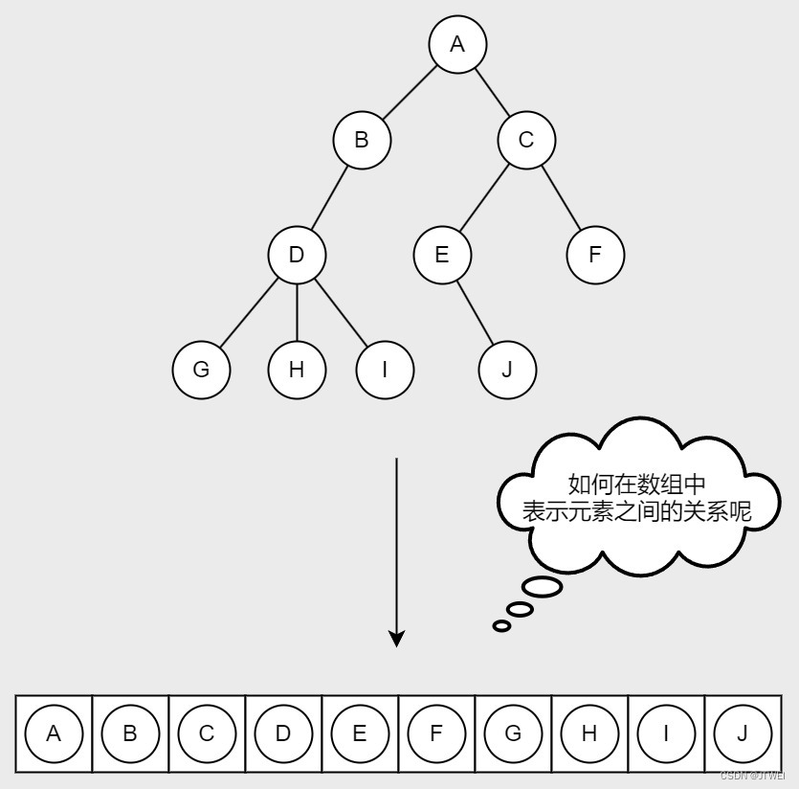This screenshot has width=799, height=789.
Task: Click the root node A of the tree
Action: pyautogui.click(x=457, y=44)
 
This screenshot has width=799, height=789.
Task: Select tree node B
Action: pyautogui.click(x=362, y=140)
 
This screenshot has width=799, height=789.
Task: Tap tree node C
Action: pyautogui.click(x=526, y=140)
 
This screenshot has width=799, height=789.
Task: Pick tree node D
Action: pyautogui.click(x=297, y=255)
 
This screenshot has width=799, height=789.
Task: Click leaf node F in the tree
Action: pyautogui.click(x=595, y=255)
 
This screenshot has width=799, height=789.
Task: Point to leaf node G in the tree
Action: pyautogui.click(x=201, y=369)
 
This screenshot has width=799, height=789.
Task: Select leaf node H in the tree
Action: pyautogui.click(x=297, y=369)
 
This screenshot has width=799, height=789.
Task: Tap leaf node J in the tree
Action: pyautogui.click(x=507, y=369)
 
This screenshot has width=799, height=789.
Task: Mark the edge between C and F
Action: pyautogui.click(x=561, y=197)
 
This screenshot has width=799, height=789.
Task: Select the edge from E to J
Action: pyautogui.click(x=475, y=312)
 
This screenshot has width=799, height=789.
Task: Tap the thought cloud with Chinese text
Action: pyautogui.click(x=636, y=498)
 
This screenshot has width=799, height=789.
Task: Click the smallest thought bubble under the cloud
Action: pyautogui.click(x=501, y=626)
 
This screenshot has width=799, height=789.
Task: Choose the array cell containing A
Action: pyautogui.click(x=54, y=733)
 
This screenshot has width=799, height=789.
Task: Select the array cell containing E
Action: pyautogui.click(x=360, y=733)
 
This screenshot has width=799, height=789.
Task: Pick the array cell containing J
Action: pyautogui.click(x=743, y=733)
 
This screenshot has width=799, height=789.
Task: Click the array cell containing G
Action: pyautogui.click(x=513, y=733)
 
